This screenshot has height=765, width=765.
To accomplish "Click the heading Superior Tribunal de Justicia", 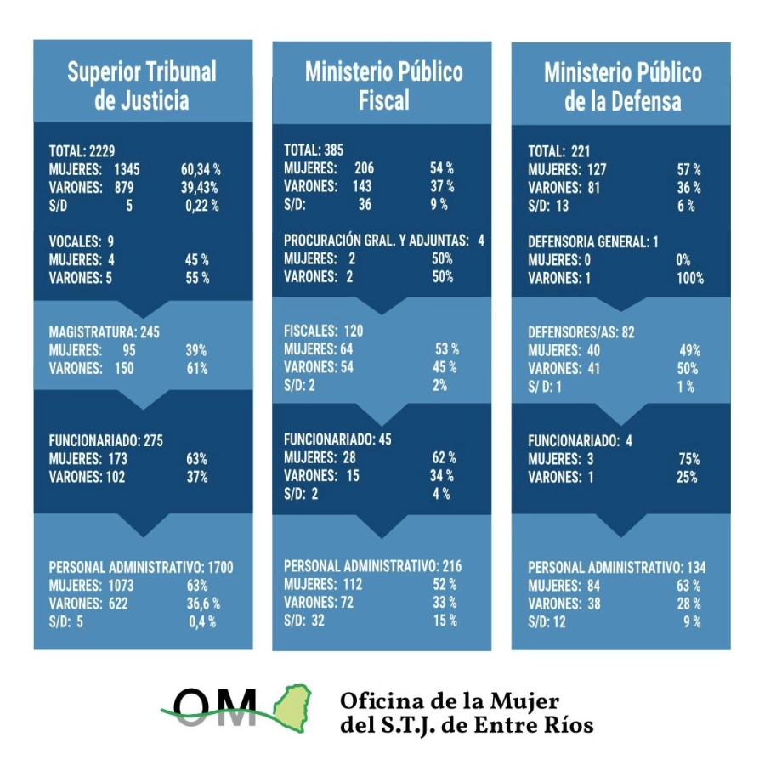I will pos(142,86).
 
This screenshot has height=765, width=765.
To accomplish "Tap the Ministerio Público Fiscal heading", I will pos(384,86).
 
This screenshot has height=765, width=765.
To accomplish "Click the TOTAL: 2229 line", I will pos(82,151).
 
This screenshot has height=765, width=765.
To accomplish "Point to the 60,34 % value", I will pos(201,169).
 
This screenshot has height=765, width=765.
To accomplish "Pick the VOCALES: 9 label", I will pos(82,241).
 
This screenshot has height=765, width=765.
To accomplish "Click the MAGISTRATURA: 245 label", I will pos(105,331).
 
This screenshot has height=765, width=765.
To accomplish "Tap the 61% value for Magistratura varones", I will pos(196,368).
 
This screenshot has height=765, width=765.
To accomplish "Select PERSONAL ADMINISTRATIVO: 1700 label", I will pos(141,567).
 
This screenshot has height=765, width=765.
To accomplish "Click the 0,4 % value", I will pos(202,621).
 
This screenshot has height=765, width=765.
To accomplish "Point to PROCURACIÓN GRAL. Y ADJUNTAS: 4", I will pos(383,241).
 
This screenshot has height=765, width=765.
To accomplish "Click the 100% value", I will pos(689,278).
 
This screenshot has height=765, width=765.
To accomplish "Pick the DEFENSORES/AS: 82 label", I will pos(581,332).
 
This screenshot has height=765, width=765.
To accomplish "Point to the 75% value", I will pos(688,459).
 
